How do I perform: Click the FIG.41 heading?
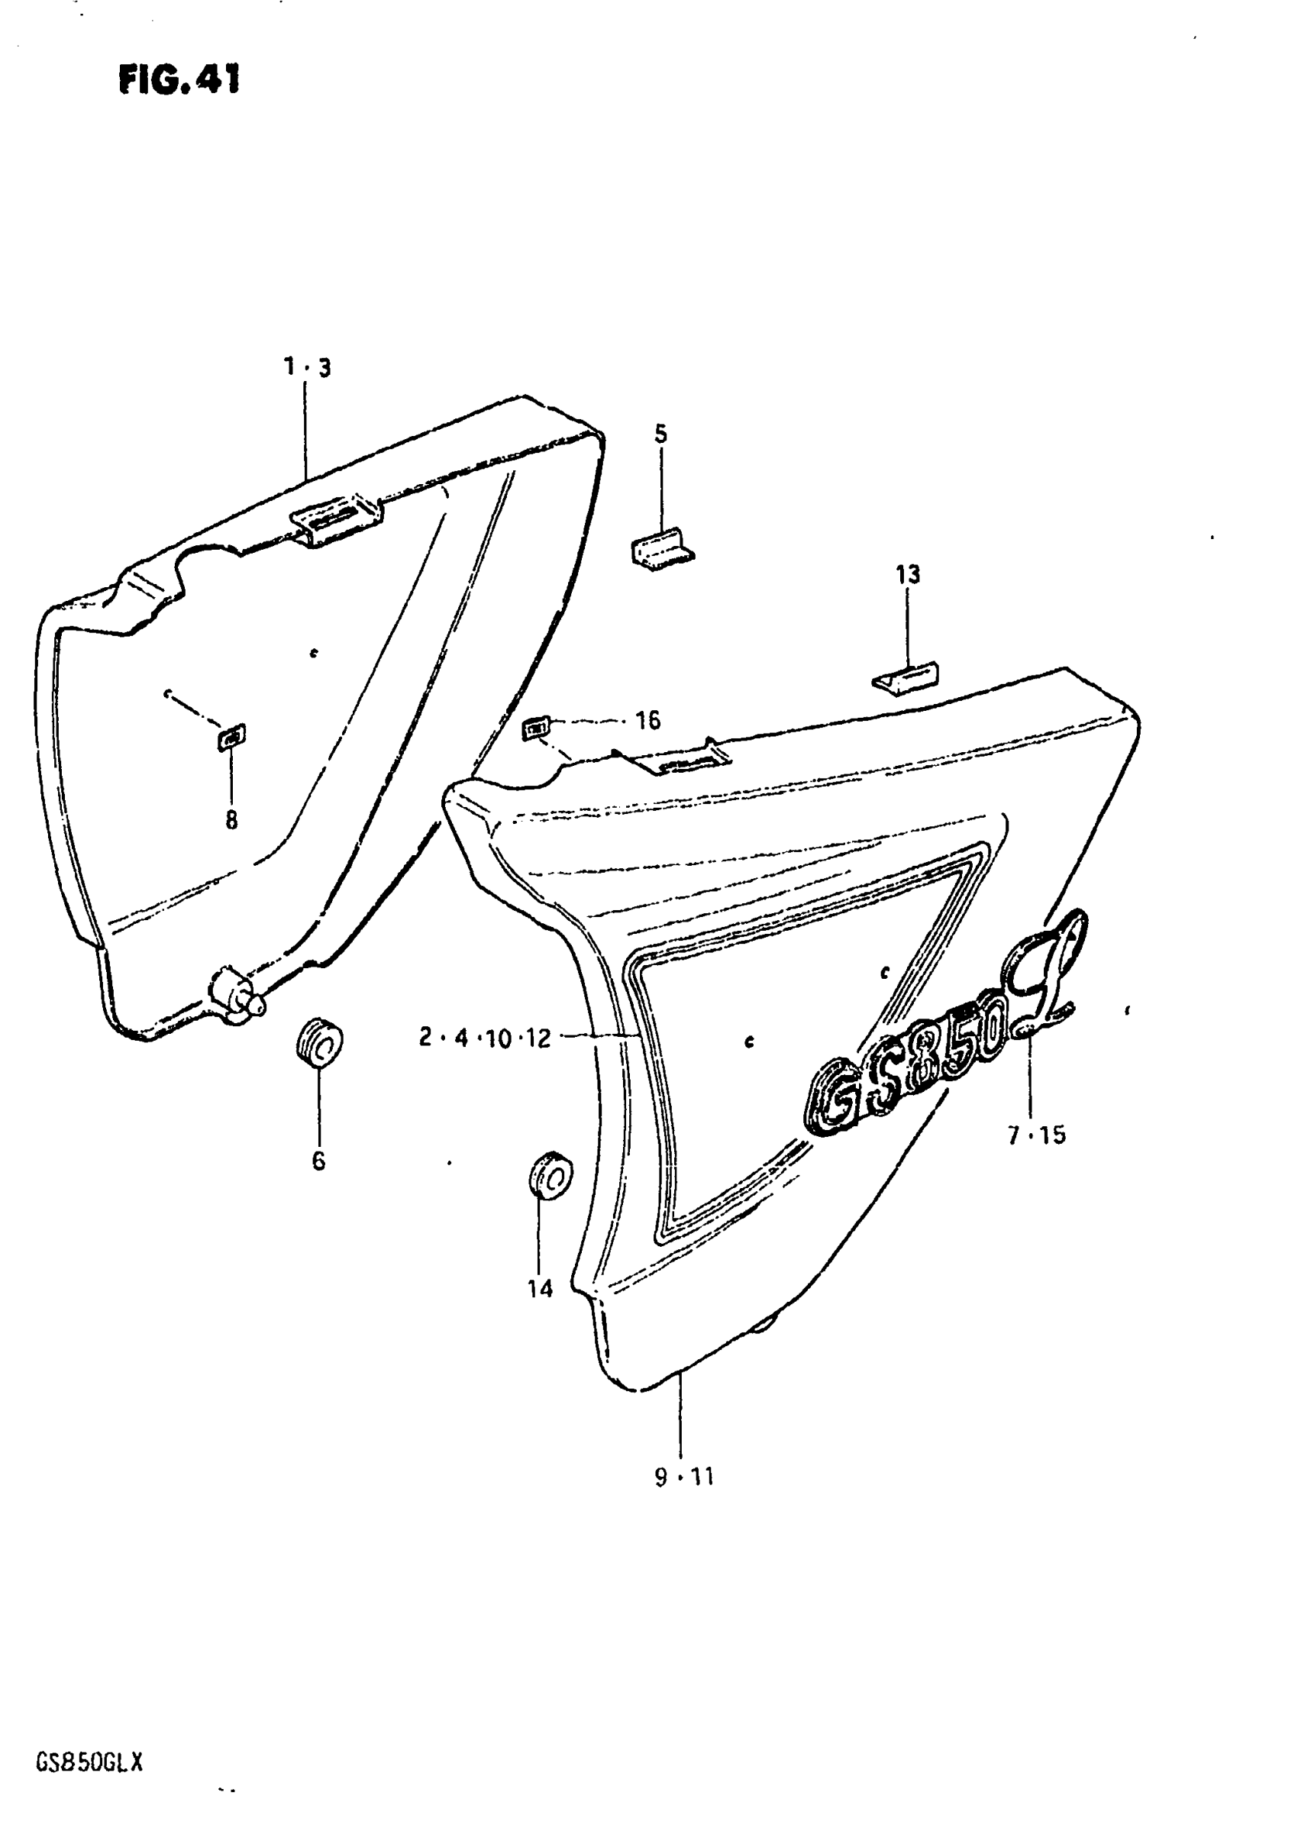tap(179, 80)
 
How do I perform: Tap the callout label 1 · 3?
tap(306, 368)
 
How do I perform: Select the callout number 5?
tap(660, 434)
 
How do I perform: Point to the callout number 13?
tap(908, 575)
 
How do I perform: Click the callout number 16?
tap(647, 720)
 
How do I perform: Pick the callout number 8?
tap(231, 820)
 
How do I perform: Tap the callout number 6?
tap(318, 1161)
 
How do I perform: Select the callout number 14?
tap(540, 1289)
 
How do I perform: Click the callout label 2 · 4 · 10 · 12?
tap(485, 1038)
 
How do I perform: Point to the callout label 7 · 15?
tap(1036, 1135)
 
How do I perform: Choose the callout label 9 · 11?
tap(683, 1477)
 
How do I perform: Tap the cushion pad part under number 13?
tap(906, 677)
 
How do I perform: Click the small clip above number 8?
tap(231, 735)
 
